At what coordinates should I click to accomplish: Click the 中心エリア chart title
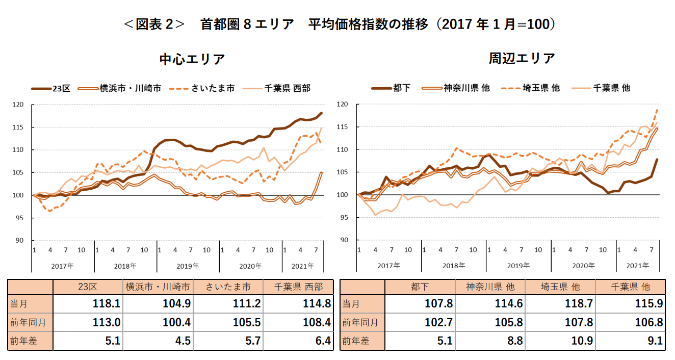(x=192, y=59)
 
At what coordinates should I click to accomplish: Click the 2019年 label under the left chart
(x=188, y=266)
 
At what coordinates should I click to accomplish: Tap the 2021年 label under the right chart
(x=638, y=266)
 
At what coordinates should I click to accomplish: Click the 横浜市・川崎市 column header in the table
(x=158, y=287)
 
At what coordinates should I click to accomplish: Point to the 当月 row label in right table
(x=350, y=304)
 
